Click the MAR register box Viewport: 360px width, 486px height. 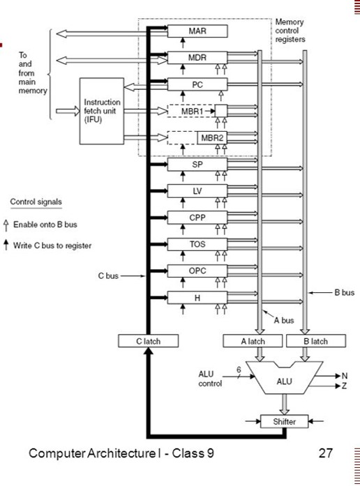pos(197,31)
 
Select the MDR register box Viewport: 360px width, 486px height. pos(197,58)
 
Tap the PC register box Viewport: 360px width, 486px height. pos(197,84)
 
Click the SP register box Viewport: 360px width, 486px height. pos(197,165)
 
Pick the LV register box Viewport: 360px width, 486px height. pos(197,191)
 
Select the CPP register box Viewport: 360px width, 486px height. pos(197,218)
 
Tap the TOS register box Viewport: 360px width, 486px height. pos(197,244)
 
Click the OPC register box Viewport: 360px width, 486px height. pos(197,271)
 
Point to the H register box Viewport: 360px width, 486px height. pos(197,297)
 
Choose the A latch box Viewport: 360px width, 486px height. pos(253,342)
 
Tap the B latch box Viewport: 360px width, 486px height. pos(316,342)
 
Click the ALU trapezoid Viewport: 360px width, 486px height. pos(284,381)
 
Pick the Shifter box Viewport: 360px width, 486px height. pos(284,421)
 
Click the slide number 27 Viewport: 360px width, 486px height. pos(326,455)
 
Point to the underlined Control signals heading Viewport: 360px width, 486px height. pos(36,202)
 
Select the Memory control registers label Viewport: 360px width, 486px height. pos(291,31)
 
